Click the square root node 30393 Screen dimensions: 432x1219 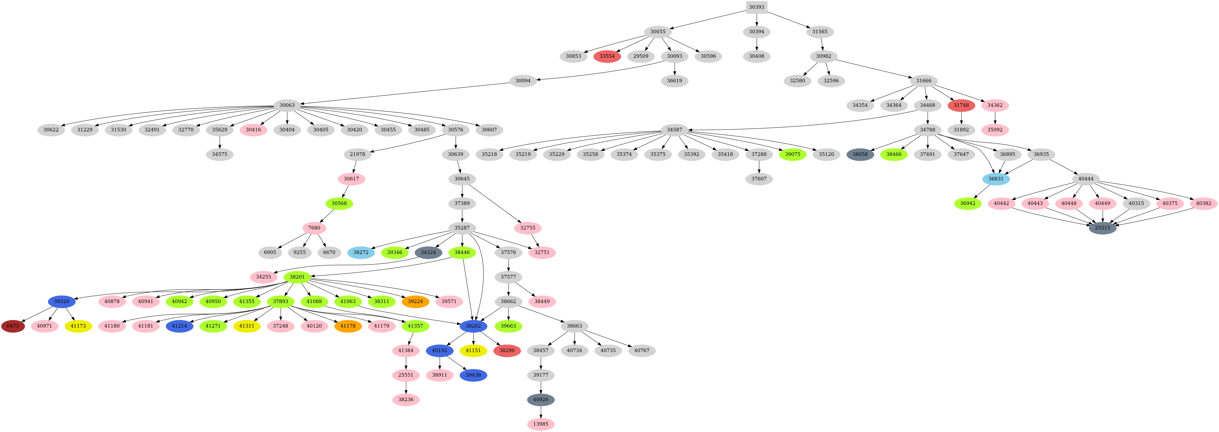click(756, 7)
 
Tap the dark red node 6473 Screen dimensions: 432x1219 click(13, 326)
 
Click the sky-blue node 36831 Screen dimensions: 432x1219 click(996, 179)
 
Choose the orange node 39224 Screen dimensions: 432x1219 click(415, 301)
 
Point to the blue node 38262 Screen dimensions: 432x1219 click(473, 326)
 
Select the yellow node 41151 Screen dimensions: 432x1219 click(473, 351)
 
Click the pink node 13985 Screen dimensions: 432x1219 click(540, 424)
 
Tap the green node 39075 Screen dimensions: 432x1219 click(793, 154)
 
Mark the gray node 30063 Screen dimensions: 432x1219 click(287, 105)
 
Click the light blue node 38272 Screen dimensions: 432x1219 click(361, 252)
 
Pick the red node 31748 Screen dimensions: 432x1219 click(961, 105)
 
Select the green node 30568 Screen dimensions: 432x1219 click(339, 203)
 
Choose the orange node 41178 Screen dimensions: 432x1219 click(348, 326)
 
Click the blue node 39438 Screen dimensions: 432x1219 click(473, 375)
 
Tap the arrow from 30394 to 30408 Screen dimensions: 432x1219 click(756, 44)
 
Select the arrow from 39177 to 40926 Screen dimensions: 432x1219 click(540, 388)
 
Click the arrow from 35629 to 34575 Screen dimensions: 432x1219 click(220, 142)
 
